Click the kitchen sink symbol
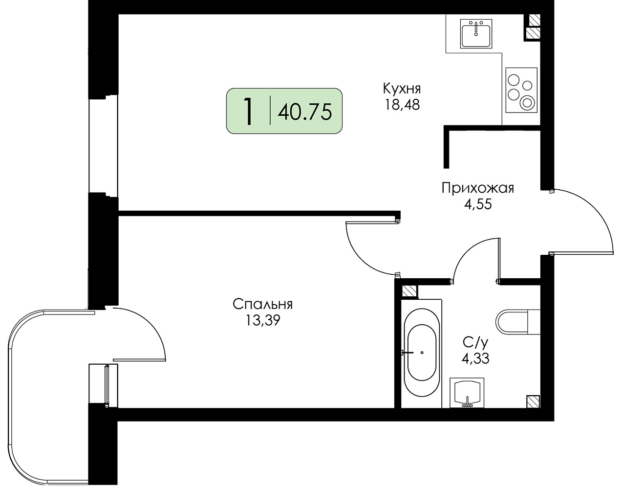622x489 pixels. tap(476, 34)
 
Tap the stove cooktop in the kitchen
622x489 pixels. tap(521, 90)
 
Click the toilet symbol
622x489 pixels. tap(517, 322)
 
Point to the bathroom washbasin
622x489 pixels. tap(467, 393)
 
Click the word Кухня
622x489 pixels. tap(402, 88)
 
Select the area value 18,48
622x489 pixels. tap(402, 105)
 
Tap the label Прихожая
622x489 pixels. tap(478, 188)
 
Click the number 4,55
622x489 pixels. tap(478, 204)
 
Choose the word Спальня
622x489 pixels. tap(262, 304)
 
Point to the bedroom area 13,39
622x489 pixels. tap(262, 321)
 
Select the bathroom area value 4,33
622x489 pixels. tap(475, 358)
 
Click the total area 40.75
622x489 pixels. tap(304, 111)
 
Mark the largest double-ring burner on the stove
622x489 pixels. tap(527, 103)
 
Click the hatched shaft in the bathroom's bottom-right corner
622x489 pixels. tap(533, 401)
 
